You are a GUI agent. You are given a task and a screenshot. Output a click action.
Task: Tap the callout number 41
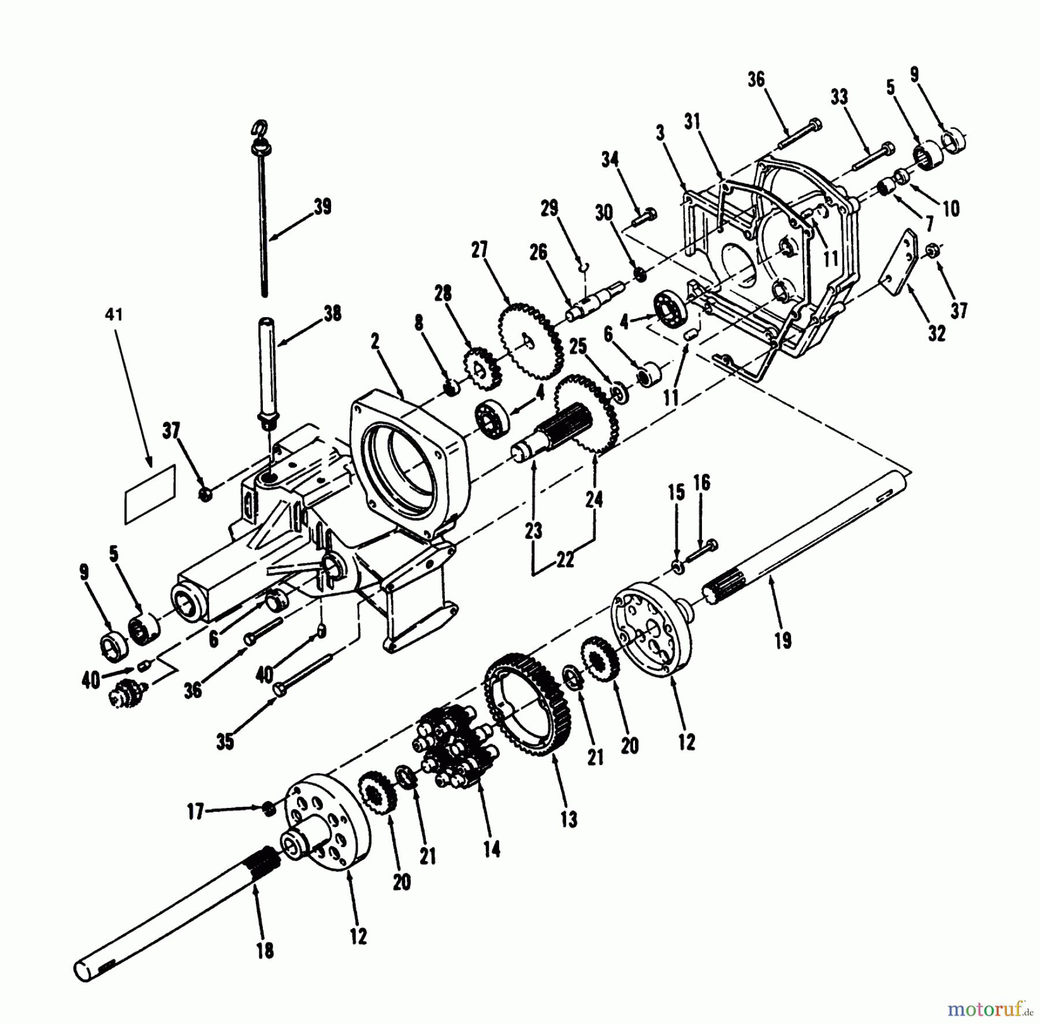[114, 315]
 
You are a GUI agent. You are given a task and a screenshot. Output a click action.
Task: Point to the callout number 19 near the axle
[783, 640]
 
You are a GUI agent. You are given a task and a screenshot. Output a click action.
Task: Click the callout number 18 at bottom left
[265, 951]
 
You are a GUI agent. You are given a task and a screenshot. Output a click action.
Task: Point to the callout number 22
[565, 559]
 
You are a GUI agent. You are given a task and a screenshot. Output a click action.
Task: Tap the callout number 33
[840, 97]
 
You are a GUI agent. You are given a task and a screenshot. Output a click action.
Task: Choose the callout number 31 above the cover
[692, 121]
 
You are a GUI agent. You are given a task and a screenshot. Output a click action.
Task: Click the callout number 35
[225, 741]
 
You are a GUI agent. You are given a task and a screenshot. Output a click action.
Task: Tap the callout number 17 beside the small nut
[196, 812]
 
